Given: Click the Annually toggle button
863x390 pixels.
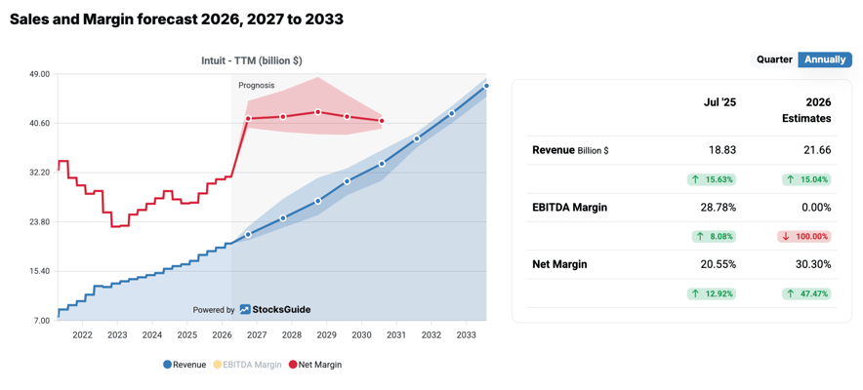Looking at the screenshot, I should [x=825, y=59].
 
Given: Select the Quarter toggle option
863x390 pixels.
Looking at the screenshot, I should [x=774, y=59].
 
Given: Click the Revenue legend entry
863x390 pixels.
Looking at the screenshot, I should [x=185, y=365].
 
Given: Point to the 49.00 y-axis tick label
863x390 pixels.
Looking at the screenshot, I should [x=39, y=74].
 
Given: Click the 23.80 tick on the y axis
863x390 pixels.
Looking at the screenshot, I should [x=39, y=222].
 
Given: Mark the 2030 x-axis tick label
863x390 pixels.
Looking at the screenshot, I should [x=361, y=335].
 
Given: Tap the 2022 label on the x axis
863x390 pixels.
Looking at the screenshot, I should [x=82, y=335].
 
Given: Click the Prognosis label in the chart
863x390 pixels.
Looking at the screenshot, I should [x=257, y=86].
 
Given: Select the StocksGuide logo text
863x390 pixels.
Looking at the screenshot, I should [x=281, y=310].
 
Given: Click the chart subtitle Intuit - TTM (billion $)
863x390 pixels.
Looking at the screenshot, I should [x=252, y=60].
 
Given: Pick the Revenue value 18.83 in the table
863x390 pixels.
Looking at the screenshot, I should [x=722, y=150].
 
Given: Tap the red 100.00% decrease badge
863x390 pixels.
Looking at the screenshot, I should [x=805, y=237].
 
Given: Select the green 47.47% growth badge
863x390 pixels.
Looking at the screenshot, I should [x=805, y=293].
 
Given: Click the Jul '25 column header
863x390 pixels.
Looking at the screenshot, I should [x=719, y=102].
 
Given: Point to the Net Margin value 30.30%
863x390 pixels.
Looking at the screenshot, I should [x=813, y=264].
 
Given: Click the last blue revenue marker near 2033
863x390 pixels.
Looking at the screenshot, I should [x=486, y=87].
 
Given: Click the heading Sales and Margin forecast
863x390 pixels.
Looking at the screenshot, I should [x=177, y=19].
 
